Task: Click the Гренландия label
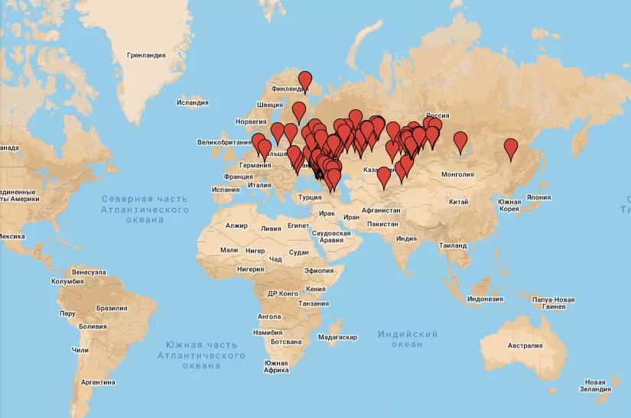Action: click(x=146, y=55)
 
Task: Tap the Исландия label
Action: click(x=192, y=102)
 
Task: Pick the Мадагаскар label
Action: click(x=337, y=337)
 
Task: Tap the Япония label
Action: click(x=538, y=196)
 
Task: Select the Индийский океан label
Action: click(x=407, y=339)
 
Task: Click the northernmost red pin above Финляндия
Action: click(x=305, y=79)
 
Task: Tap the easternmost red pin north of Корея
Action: click(x=511, y=147)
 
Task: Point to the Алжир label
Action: click(x=237, y=226)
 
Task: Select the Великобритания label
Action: click(x=224, y=142)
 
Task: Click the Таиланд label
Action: click(x=450, y=246)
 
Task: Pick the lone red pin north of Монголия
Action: click(x=460, y=141)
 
